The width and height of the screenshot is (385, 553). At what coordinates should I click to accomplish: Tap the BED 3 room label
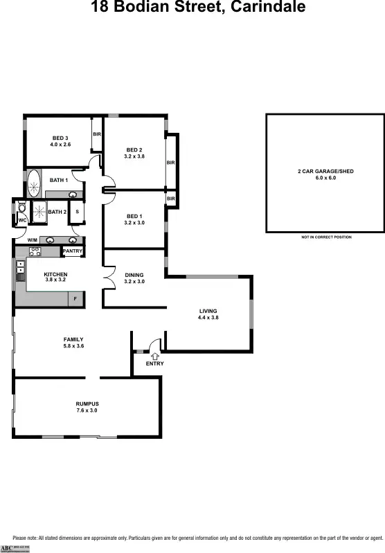click(x=60, y=138)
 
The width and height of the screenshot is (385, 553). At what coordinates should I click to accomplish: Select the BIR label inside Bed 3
click(x=98, y=134)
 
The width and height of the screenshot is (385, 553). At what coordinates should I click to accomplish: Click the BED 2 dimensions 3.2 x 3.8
click(x=134, y=156)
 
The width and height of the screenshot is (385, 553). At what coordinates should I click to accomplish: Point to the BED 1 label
click(x=134, y=216)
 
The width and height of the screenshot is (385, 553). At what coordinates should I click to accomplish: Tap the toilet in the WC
click(x=22, y=209)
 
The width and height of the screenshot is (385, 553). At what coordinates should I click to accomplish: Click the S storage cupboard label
click(x=77, y=211)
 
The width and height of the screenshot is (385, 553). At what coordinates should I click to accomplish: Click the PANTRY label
click(x=73, y=251)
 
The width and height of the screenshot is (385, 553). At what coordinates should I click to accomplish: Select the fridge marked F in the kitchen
click(x=75, y=298)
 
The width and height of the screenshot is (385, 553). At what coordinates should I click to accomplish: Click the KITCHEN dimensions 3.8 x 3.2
click(x=55, y=280)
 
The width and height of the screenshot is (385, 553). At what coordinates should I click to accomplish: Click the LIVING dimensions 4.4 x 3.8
click(x=208, y=318)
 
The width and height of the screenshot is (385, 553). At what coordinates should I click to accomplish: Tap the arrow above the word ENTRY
click(x=154, y=355)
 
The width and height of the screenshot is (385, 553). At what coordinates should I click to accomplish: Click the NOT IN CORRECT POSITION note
click(x=325, y=237)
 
